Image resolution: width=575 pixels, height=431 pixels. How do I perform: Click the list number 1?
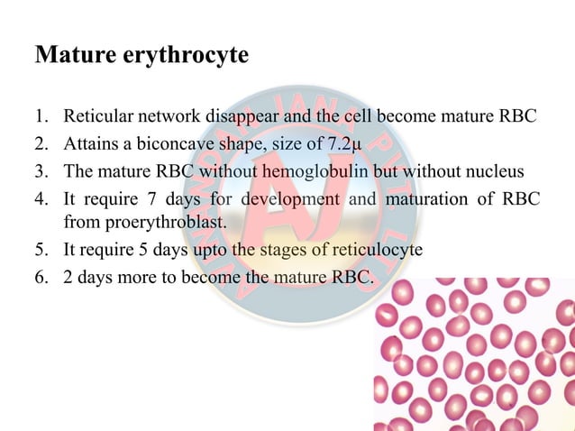click(x=41, y=117)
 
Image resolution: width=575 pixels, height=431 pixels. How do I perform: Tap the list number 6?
click(x=41, y=277)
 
